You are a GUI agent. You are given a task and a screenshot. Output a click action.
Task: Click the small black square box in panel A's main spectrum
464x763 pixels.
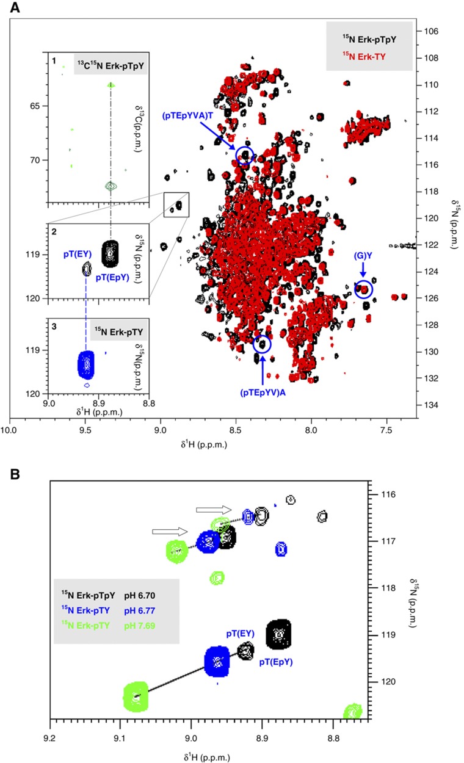tap(176, 204)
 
